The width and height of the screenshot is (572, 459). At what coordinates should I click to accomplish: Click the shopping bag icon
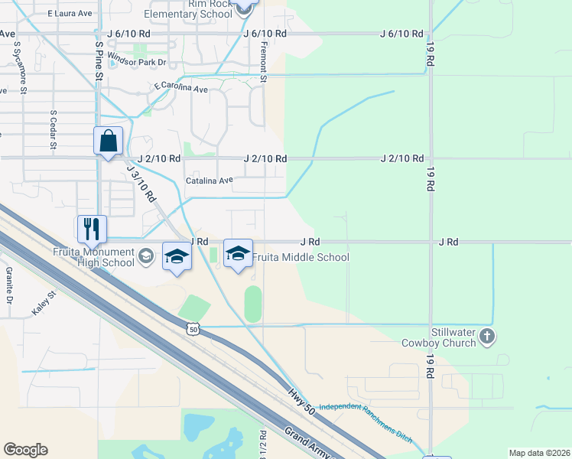[108, 142]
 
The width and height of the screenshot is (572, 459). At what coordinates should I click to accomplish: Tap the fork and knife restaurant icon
[91, 228]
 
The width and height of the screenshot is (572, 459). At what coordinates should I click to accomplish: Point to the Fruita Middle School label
[301, 258]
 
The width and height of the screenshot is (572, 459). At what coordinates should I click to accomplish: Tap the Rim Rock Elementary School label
[187, 8]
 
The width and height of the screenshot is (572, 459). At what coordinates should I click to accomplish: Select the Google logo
[25, 450]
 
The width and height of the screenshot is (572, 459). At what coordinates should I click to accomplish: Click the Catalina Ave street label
[209, 181]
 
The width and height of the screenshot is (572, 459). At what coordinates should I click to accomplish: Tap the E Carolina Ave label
[180, 89]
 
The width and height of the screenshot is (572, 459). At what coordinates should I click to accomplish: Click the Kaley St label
[44, 304]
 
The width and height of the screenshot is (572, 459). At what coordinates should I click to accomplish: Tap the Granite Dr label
[9, 281]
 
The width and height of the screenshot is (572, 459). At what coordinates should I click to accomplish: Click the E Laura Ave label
[69, 13]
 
